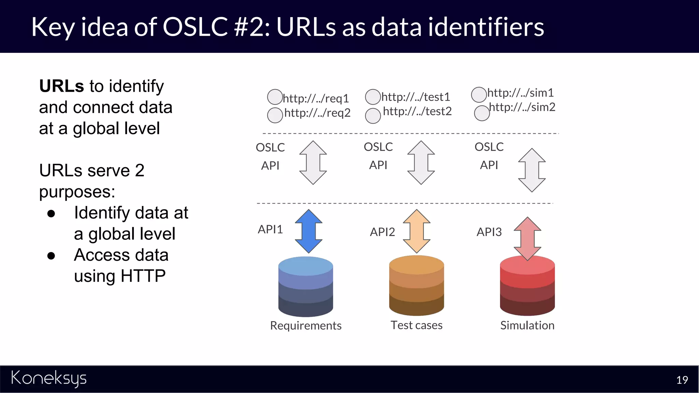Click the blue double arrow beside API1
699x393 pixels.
point(309,231)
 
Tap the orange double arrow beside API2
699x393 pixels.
point(416,231)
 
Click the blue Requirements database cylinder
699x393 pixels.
point(305,287)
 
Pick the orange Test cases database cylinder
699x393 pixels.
point(416,286)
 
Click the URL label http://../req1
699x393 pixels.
point(316,99)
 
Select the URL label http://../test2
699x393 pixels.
point(417,111)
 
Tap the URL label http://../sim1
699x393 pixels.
point(520,93)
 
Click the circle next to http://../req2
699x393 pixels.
point(275,115)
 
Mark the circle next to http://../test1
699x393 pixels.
point(373,97)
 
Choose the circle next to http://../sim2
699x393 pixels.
point(482,113)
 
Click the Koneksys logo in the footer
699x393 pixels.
point(49,378)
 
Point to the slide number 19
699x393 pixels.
point(682,380)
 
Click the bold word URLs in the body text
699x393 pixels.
point(61,86)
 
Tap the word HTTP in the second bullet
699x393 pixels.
point(143,276)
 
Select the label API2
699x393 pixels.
point(382,232)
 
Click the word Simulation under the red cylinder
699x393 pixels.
point(527,325)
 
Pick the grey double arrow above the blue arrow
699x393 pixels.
point(313,163)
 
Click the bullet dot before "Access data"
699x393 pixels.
point(51,256)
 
